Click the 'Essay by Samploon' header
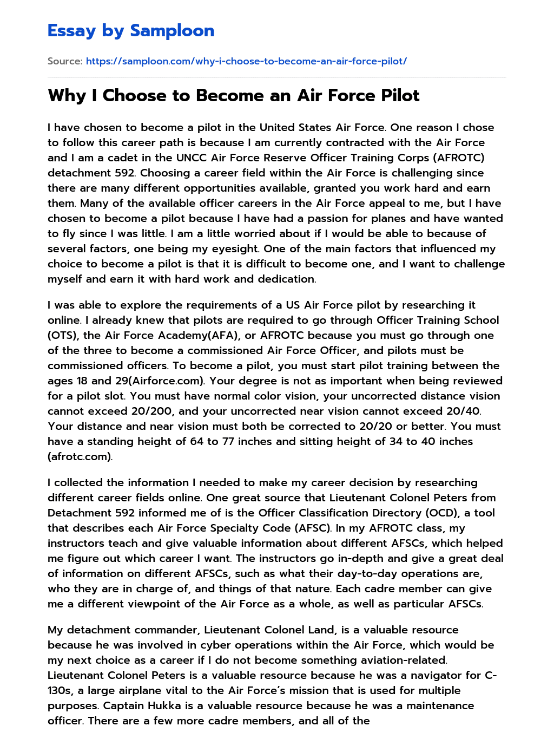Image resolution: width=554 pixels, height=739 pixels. [131, 31]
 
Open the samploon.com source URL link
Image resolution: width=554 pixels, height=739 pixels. [246, 61]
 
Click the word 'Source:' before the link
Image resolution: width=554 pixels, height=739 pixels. [65, 61]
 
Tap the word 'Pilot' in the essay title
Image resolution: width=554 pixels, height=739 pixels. [400, 96]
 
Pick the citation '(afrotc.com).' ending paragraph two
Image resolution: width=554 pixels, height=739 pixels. [80, 457]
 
